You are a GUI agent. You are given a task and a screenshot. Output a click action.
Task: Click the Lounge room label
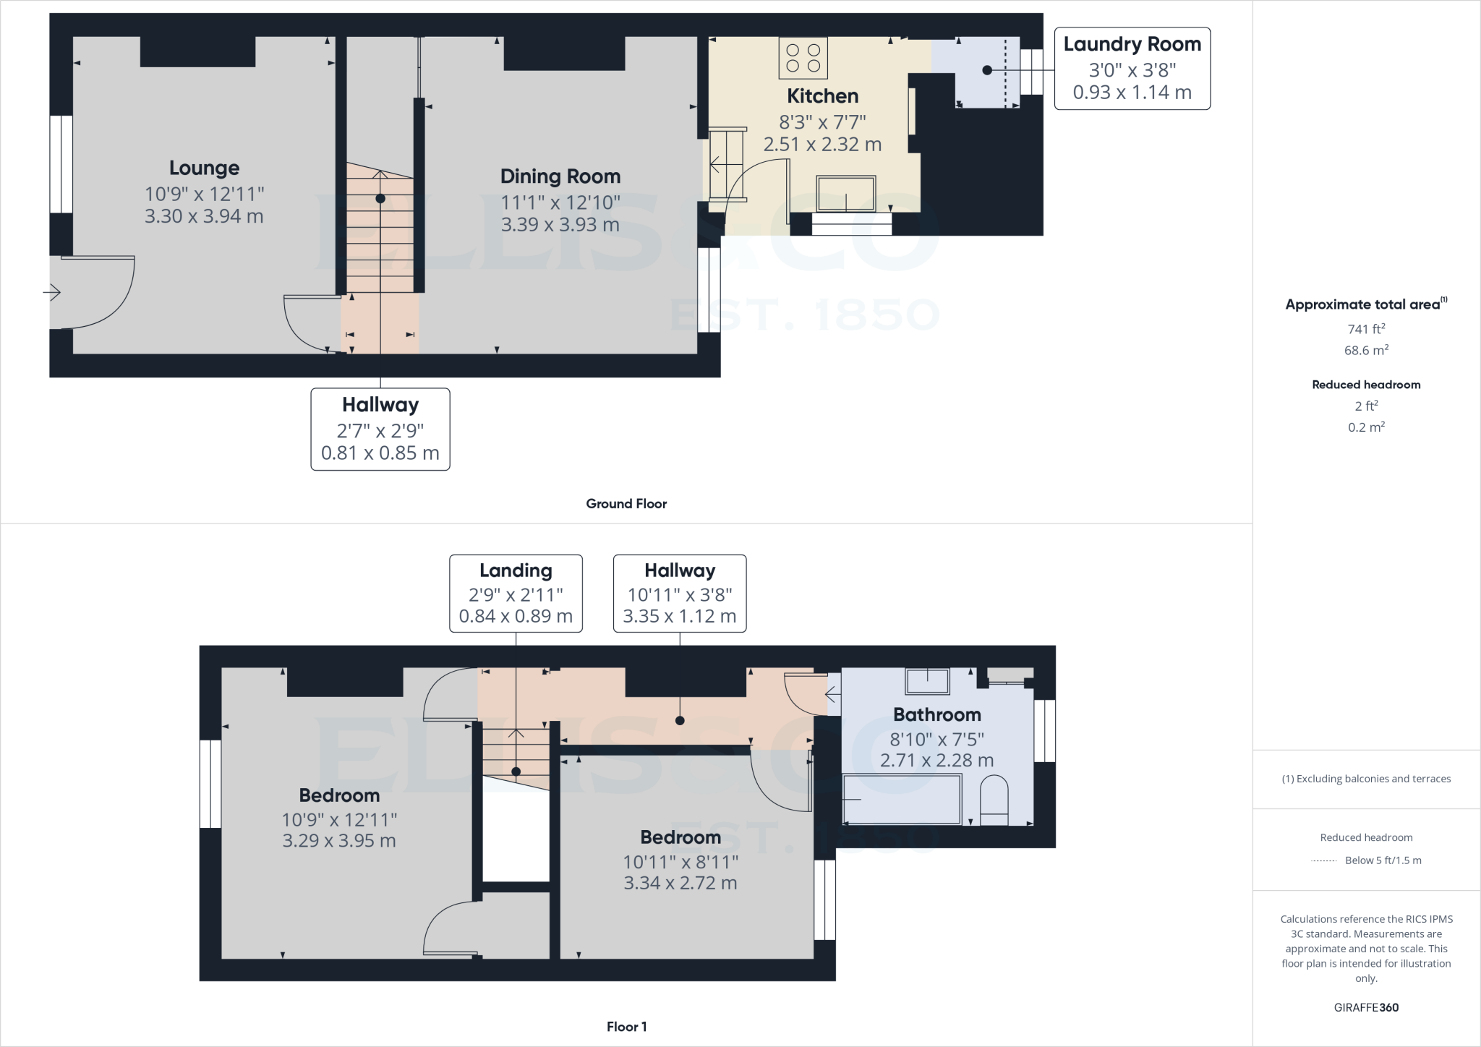click(204, 168)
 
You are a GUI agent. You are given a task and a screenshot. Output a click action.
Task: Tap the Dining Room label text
click(560, 176)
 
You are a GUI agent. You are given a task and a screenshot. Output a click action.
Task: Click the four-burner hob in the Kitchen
click(803, 58)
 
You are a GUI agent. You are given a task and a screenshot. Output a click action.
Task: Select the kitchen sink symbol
click(845, 194)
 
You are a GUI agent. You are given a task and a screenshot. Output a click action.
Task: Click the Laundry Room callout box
click(1132, 69)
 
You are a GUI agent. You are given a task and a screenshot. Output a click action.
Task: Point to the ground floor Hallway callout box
click(380, 430)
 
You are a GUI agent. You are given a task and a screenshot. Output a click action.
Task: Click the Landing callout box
click(516, 594)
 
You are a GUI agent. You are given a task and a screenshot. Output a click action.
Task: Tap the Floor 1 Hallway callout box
click(680, 594)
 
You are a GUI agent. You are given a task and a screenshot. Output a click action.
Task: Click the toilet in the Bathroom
click(994, 801)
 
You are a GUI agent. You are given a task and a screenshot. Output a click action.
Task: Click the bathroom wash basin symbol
click(927, 681)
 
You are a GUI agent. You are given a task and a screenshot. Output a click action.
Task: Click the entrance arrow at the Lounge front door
click(52, 293)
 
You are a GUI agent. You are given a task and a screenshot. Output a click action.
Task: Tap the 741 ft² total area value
click(1366, 329)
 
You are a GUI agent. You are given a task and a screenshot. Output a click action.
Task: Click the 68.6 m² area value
click(1366, 351)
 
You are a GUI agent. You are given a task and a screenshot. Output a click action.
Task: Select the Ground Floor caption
click(626, 504)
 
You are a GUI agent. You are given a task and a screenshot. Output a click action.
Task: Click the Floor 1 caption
click(626, 1027)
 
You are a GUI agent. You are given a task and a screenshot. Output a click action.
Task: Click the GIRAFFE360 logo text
click(1366, 1007)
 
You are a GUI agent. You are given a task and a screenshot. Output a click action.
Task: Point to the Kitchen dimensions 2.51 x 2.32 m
click(822, 145)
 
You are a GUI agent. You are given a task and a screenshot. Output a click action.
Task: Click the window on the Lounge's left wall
click(61, 164)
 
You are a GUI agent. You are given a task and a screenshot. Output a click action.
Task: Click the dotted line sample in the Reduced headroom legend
click(1323, 861)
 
